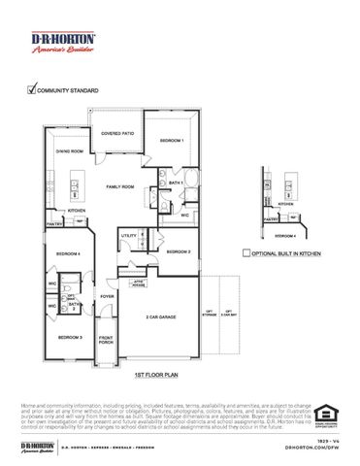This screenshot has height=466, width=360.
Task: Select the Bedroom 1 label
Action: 171,142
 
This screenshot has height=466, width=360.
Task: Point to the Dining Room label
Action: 69,151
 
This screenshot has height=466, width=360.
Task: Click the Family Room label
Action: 121,185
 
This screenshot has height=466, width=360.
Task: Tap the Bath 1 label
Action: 177,183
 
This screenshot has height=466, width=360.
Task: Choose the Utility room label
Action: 128,235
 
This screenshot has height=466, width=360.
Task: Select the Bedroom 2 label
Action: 178,251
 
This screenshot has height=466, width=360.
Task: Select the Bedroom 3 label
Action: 68,337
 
